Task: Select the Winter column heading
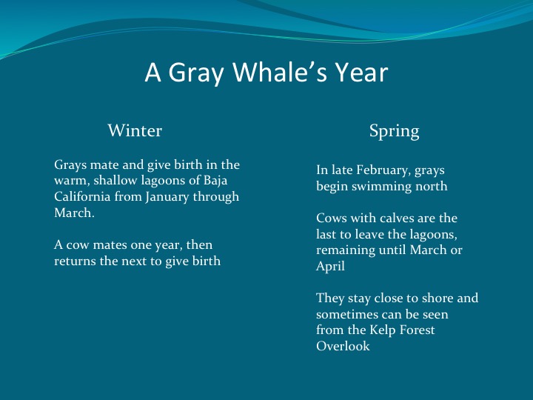coord(135,131)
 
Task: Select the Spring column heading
coord(394,131)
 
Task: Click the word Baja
coord(226,181)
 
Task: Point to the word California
coord(84,197)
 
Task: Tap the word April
coord(331,267)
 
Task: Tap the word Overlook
coord(343,346)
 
